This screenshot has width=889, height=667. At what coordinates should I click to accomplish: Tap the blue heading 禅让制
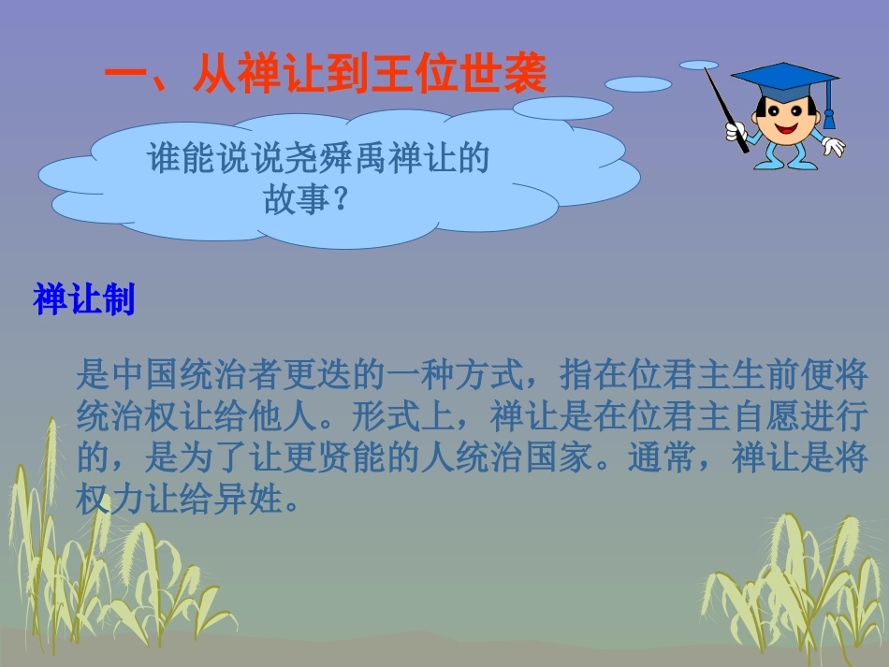click(x=84, y=300)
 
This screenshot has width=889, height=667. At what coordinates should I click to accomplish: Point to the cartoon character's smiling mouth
click(x=784, y=130)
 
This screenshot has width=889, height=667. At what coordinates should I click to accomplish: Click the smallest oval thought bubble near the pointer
click(x=698, y=65)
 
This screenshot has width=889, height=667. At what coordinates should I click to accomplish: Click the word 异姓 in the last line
click(x=253, y=500)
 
